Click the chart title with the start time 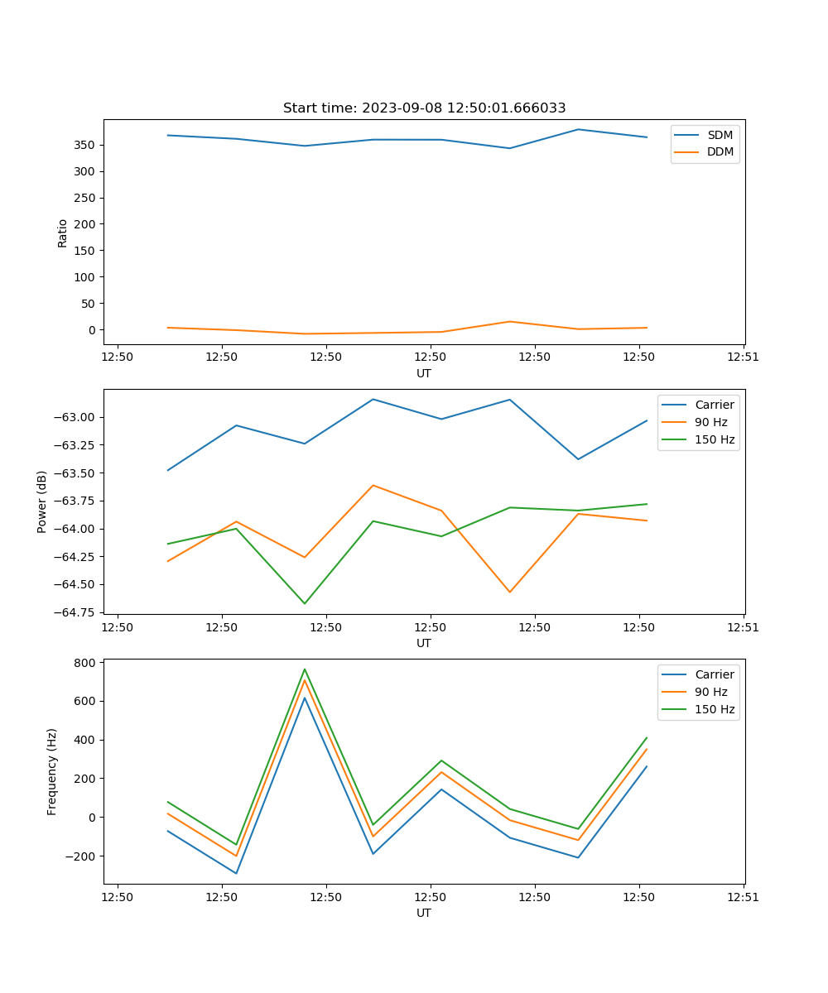[424, 108]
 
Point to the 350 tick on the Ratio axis [85, 145]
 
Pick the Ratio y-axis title [63, 233]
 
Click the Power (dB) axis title [42, 501]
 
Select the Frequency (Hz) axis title [52, 771]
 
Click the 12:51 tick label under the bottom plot [743, 896]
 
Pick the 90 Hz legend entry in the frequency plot [711, 692]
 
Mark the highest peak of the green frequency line [305, 669]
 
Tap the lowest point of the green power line [305, 603]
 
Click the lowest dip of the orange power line [509, 592]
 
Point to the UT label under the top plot [424, 373]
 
